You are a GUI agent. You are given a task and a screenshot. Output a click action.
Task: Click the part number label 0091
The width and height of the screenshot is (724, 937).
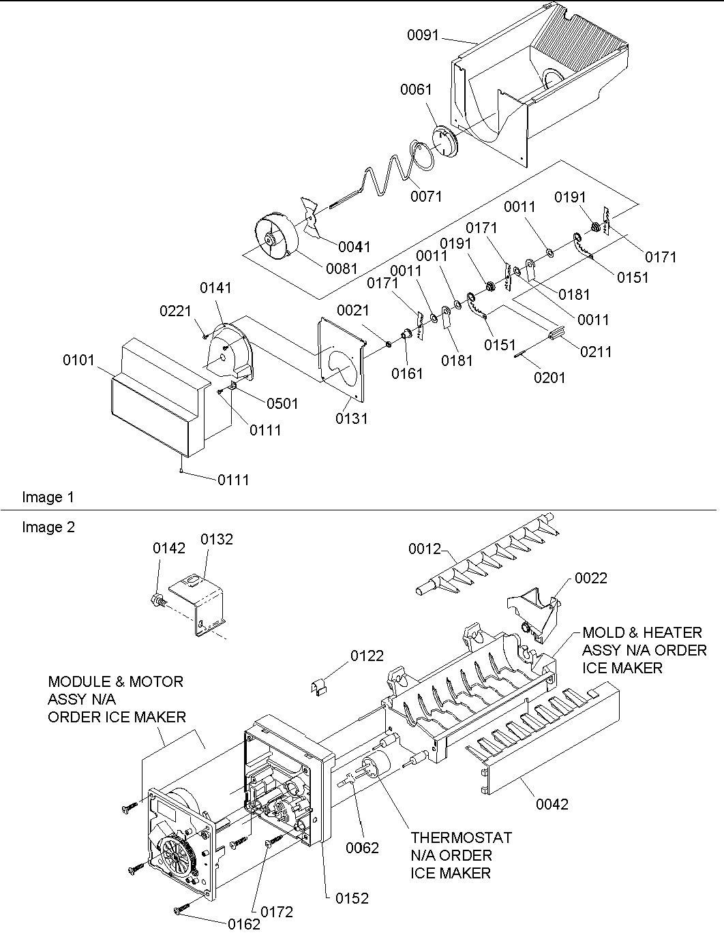[423, 35]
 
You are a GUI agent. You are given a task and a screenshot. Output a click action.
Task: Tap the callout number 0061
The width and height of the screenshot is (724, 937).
[417, 89]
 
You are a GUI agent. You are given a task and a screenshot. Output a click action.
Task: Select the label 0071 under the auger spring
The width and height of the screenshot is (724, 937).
[426, 197]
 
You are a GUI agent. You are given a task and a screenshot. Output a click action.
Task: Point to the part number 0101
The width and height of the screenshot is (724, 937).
[79, 359]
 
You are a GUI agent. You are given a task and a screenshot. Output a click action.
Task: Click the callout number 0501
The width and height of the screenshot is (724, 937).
[282, 403]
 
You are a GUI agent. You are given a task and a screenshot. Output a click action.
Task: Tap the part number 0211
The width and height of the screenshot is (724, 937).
[596, 352]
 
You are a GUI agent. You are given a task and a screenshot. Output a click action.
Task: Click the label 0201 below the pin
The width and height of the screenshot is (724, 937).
[549, 378]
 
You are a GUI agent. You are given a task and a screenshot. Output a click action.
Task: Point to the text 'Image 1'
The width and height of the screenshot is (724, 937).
[48, 497]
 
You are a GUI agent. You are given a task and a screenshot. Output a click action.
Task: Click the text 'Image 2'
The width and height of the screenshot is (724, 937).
[48, 527]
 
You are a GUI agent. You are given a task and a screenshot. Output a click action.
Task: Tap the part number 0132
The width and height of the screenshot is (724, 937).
[217, 539]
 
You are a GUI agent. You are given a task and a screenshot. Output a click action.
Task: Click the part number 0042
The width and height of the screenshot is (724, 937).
[552, 804]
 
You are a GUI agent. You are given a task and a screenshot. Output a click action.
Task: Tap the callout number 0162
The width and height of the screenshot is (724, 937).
[244, 925]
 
